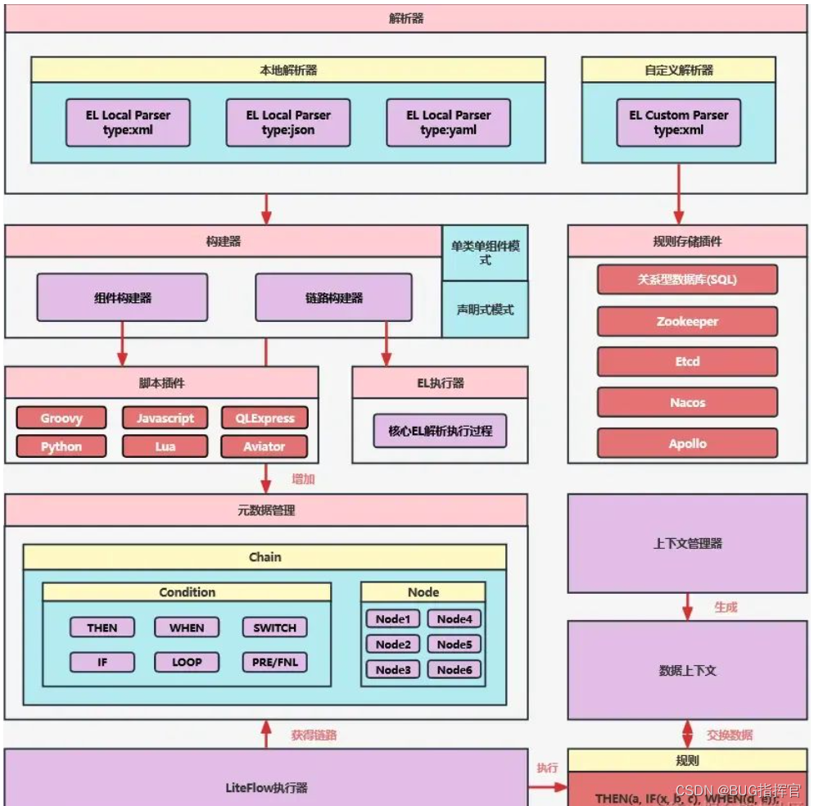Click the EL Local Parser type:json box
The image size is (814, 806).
pyautogui.click(x=288, y=123)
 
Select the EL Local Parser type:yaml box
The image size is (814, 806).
pyautogui.click(x=448, y=123)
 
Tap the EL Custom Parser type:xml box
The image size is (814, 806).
pyautogui.click(x=678, y=123)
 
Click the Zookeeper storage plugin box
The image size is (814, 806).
pyautogui.click(x=687, y=321)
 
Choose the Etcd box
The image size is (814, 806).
pyautogui.click(x=687, y=361)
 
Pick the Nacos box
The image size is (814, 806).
pyautogui.click(x=687, y=402)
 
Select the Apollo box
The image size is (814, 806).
pyautogui.click(x=687, y=443)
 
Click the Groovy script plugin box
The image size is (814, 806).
pyautogui.click(x=61, y=418)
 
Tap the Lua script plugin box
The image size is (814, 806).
pyautogui.click(x=165, y=446)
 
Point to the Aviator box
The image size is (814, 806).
pyautogui.click(x=264, y=446)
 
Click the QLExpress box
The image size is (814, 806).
pyautogui.click(x=264, y=418)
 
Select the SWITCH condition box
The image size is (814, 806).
pyautogui.click(x=274, y=627)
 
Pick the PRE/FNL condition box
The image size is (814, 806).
pyautogui.click(x=274, y=662)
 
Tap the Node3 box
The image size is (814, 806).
pyautogui.click(x=393, y=669)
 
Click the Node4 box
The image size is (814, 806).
pyautogui.click(x=454, y=619)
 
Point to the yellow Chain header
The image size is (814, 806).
pyautogui.click(x=265, y=557)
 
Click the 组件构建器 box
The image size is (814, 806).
pyautogui.click(x=122, y=297)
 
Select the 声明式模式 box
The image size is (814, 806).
pyautogui.click(x=485, y=310)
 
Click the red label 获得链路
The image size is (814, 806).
pyautogui.click(x=314, y=735)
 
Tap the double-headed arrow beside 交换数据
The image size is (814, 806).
pyautogui.click(x=688, y=733)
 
